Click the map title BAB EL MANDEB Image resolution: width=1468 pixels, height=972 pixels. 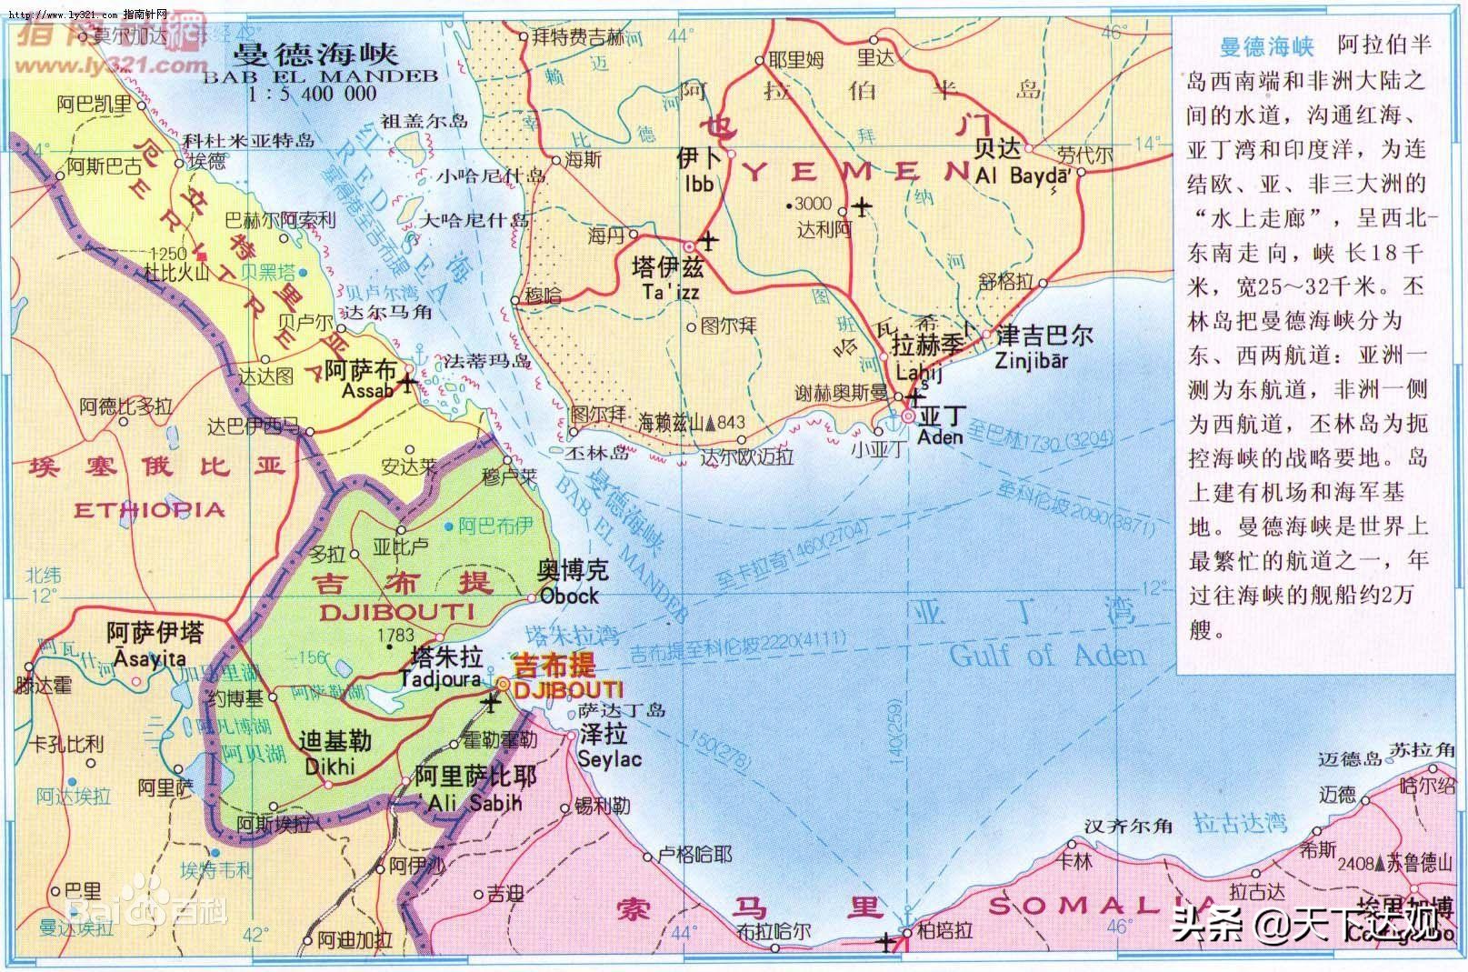tap(320, 76)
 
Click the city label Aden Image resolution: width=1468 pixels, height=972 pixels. tap(940, 436)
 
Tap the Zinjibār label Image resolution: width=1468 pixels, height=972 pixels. tap(1032, 360)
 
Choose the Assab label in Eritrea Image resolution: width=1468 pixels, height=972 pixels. tap(367, 391)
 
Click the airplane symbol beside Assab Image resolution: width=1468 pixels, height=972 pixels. tap(405, 383)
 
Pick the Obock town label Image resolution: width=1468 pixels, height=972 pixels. tap(569, 596)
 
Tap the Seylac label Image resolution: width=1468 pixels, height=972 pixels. tap(609, 759)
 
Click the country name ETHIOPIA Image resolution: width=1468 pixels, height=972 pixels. tap(149, 509)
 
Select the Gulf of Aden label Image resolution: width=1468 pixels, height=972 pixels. tap(1047, 655)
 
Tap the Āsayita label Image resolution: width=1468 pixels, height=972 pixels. tap(146, 658)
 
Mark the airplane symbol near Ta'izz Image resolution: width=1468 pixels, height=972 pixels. tap(708, 241)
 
